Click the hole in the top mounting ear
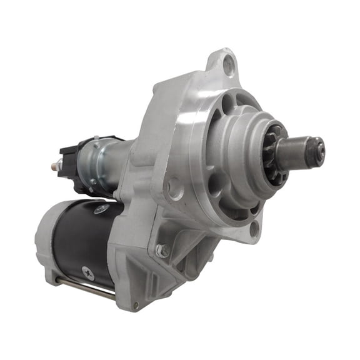tap(229, 62)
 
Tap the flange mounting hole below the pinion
tap(254, 229)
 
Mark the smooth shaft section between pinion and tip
tap(297, 150)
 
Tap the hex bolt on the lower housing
tap(162, 251)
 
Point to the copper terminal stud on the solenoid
tap(54, 166)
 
